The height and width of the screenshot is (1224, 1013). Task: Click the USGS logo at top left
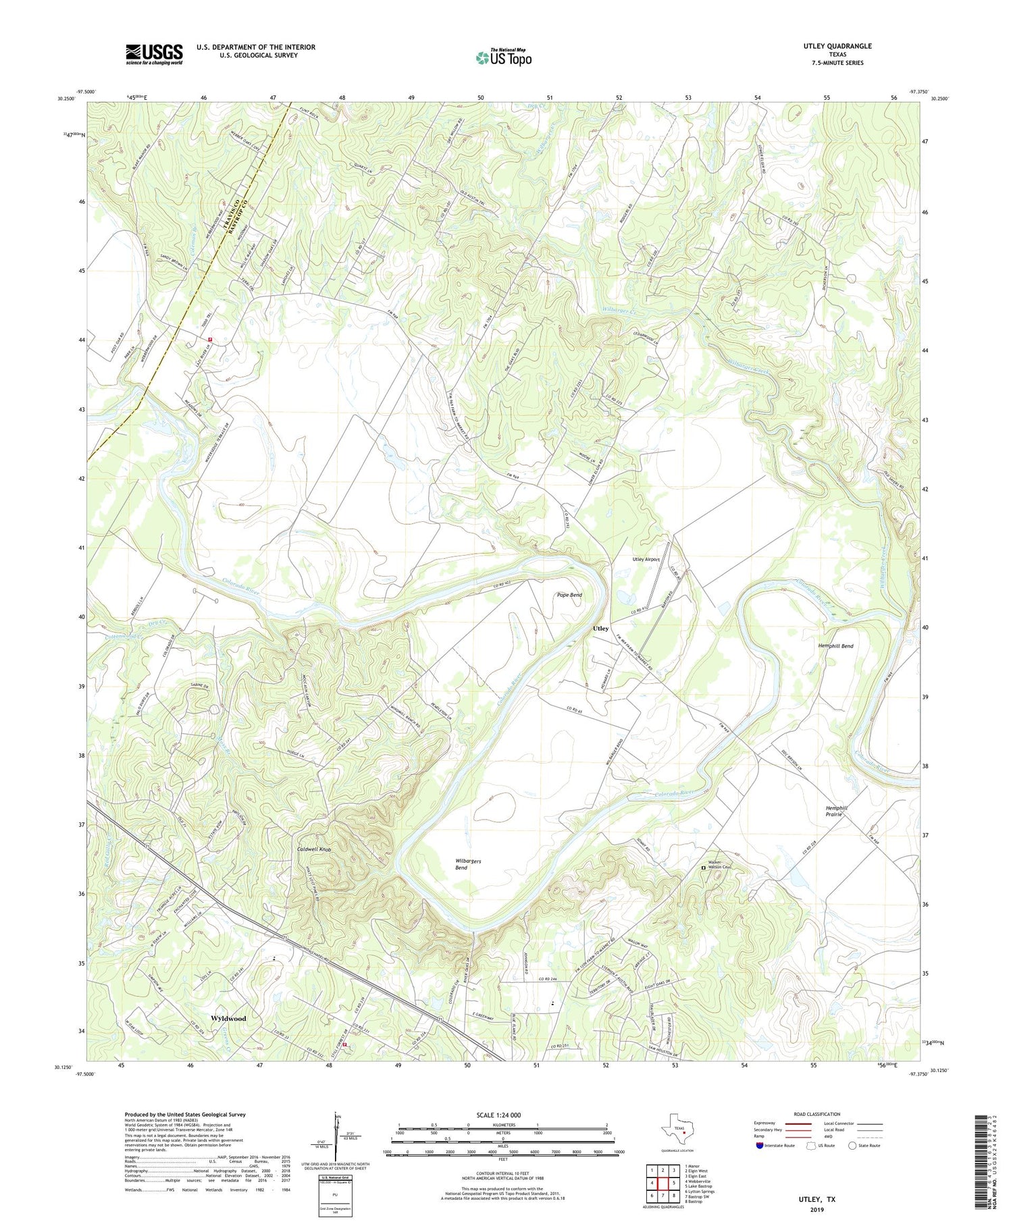[x=154, y=54]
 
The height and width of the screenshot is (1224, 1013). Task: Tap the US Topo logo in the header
[x=503, y=57]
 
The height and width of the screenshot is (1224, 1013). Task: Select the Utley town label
[x=600, y=629]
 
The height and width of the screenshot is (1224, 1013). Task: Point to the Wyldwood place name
[x=228, y=1018]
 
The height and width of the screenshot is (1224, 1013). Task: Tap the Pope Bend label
[x=569, y=595]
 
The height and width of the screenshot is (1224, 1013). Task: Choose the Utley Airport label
[x=646, y=560]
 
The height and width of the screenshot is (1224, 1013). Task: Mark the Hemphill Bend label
[x=835, y=646]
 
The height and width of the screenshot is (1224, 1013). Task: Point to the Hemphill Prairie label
[x=836, y=811]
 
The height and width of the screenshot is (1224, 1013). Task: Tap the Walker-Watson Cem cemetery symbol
[x=703, y=868]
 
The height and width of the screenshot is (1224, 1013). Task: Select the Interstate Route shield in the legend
[x=759, y=1146]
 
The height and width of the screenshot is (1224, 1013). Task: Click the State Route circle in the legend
[x=853, y=1146]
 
